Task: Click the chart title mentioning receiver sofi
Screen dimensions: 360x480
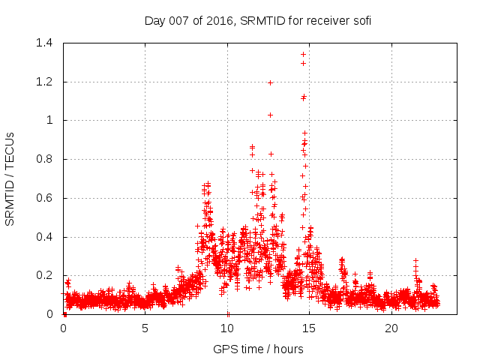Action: (x=258, y=20)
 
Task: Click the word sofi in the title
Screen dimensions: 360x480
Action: (x=361, y=20)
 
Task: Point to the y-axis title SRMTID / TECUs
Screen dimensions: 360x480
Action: (x=10, y=178)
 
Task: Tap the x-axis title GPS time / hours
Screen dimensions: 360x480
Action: (x=258, y=349)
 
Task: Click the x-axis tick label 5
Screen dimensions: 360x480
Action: (x=145, y=328)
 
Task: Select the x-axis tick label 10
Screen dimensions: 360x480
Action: (x=227, y=328)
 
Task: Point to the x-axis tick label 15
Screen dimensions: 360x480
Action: (x=310, y=328)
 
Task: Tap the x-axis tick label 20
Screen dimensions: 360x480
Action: (x=391, y=328)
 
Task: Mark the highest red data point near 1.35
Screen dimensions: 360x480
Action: (x=303, y=54)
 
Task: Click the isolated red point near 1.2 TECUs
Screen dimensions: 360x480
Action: (x=270, y=82)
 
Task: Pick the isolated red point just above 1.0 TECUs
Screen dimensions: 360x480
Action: (x=270, y=115)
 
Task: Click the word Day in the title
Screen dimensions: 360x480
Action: (x=154, y=20)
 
